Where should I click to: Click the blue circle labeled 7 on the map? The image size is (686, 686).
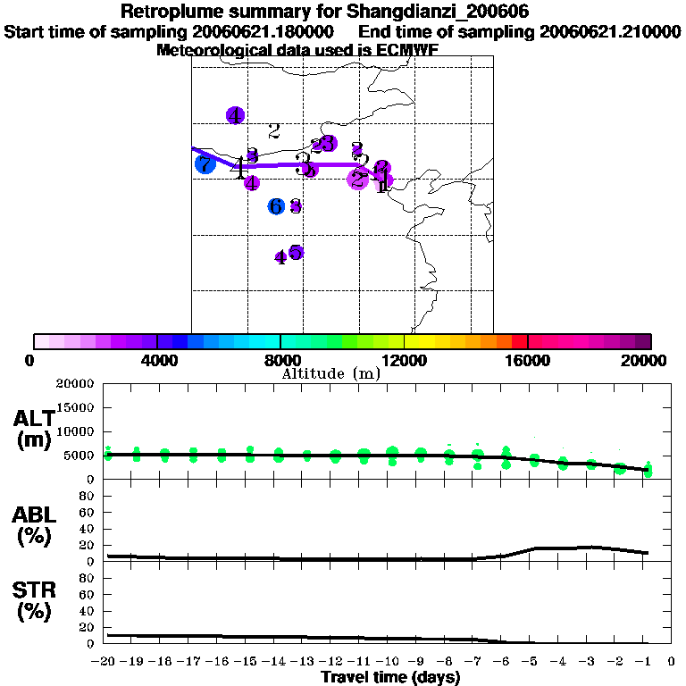(x=205, y=163)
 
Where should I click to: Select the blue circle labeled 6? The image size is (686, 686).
(x=276, y=206)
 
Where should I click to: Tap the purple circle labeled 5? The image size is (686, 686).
(x=296, y=252)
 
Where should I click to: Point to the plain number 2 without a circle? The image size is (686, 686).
(x=274, y=131)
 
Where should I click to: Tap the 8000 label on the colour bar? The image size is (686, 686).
(x=280, y=360)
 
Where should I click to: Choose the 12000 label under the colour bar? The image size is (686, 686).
(x=404, y=360)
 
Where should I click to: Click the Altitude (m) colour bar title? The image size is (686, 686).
(x=331, y=373)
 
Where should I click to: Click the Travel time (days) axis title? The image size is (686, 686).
(x=390, y=678)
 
